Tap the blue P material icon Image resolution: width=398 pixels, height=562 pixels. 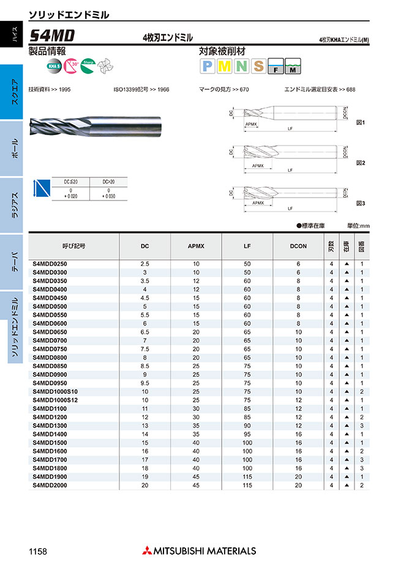(x=207, y=66)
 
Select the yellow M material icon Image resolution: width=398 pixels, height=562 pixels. (x=224, y=66)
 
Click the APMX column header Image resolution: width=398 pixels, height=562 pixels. (x=196, y=246)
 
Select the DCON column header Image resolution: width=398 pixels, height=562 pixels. (x=299, y=246)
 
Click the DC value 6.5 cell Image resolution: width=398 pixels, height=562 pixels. (x=145, y=331)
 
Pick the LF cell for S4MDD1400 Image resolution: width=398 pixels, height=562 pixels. (x=247, y=434)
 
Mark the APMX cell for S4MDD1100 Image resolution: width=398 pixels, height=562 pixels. (x=196, y=409)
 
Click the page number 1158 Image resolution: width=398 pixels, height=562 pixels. (x=39, y=550)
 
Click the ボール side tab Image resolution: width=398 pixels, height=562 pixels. (x=15, y=149)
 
